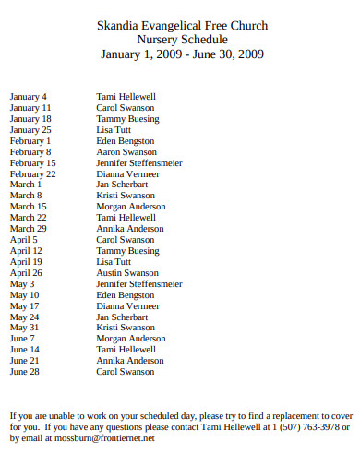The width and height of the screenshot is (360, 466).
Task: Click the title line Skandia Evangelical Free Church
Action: (x=182, y=26)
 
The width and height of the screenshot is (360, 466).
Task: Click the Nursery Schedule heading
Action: (x=182, y=40)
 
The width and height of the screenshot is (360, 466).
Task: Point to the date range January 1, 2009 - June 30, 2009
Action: (x=182, y=54)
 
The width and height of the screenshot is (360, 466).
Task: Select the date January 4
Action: (x=29, y=97)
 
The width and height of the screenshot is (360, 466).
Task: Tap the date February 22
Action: (x=33, y=174)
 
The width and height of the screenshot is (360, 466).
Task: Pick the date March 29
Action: (x=29, y=229)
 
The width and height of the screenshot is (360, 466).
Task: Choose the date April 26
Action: (x=26, y=273)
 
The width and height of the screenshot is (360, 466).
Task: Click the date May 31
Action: (x=25, y=328)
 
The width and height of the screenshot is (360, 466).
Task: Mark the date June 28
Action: (x=25, y=372)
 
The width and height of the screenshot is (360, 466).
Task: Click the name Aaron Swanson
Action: (x=126, y=152)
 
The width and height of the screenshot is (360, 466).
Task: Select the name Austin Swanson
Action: (x=127, y=273)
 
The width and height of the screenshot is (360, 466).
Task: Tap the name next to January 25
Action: (x=115, y=130)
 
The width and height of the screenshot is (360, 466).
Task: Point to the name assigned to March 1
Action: (x=122, y=185)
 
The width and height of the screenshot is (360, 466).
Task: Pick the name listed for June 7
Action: (x=131, y=339)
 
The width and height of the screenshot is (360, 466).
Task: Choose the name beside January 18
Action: (x=127, y=119)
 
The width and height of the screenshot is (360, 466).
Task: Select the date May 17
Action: (x=25, y=305)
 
